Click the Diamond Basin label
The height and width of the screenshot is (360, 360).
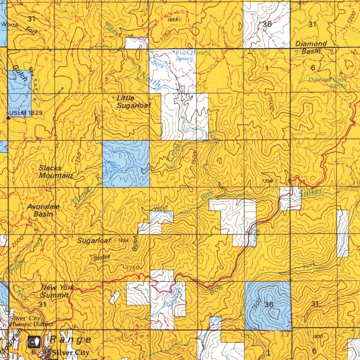pos(311,47)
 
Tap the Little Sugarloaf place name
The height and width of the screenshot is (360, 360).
pos(134,102)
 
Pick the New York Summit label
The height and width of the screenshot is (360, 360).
pos(54,291)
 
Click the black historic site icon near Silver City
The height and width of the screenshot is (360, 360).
pos(34,340)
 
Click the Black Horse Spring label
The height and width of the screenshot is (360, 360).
pos(190,56)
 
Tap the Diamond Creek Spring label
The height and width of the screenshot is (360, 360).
pos(328,82)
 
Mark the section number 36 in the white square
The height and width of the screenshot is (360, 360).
pos(267,25)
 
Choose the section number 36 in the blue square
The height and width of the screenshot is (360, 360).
pos(269,304)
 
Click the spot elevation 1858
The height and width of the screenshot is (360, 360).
pos(172,20)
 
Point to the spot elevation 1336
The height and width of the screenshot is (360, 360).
pos(268,181)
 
